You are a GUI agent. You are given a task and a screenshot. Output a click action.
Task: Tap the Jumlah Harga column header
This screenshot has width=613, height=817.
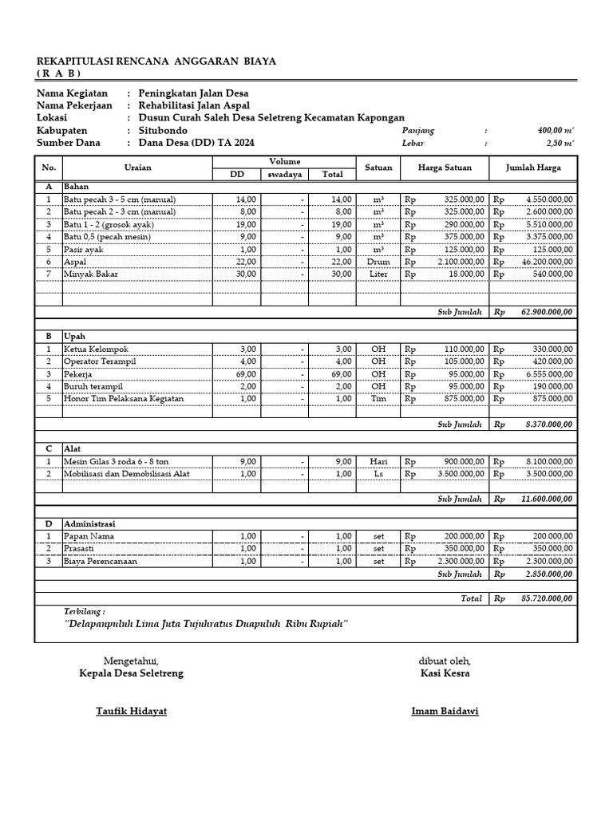point(533,168)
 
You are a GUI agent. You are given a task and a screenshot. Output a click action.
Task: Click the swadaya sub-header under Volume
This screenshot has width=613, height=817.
point(285,175)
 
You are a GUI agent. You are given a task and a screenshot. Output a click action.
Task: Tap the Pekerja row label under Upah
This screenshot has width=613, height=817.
point(78,373)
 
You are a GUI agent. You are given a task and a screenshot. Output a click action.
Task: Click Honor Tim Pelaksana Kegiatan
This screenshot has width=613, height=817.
point(124,398)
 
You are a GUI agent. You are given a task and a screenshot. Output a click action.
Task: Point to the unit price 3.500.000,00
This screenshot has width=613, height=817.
point(457,473)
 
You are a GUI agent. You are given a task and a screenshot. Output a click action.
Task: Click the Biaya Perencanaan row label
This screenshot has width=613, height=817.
point(101,561)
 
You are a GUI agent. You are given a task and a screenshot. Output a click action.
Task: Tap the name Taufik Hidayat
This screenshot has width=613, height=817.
point(132,711)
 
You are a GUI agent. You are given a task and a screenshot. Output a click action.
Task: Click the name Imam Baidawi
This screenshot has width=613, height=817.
point(445,711)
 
